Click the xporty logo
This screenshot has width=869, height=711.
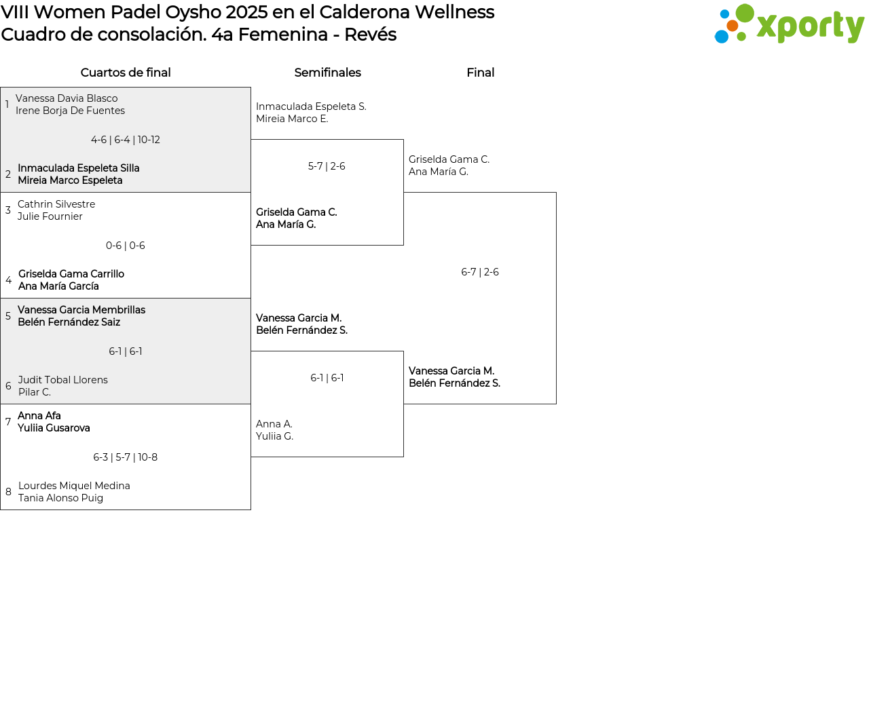click(789, 24)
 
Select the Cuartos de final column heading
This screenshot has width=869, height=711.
click(126, 73)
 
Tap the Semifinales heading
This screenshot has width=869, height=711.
click(327, 73)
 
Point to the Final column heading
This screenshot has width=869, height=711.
click(480, 73)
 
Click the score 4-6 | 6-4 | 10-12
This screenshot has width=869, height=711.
click(126, 140)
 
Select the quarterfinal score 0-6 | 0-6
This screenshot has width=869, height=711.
click(126, 246)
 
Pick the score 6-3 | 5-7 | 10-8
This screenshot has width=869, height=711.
click(126, 457)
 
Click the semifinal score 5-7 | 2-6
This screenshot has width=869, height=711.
click(327, 166)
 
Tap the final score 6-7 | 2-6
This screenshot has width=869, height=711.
click(480, 272)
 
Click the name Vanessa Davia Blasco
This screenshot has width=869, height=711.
click(67, 98)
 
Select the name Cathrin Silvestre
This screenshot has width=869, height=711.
click(56, 204)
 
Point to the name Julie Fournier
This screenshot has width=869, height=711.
click(50, 216)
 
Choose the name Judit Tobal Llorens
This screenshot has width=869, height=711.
click(63, 380)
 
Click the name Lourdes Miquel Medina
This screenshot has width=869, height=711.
click(74, 486)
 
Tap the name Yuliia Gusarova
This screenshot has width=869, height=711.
click(54, 428)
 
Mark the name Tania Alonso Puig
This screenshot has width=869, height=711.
click(61, 498)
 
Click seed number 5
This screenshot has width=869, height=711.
click(8, 316)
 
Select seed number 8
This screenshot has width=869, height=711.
click(8, 492)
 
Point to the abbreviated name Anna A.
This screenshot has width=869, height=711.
click(274, 424)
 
